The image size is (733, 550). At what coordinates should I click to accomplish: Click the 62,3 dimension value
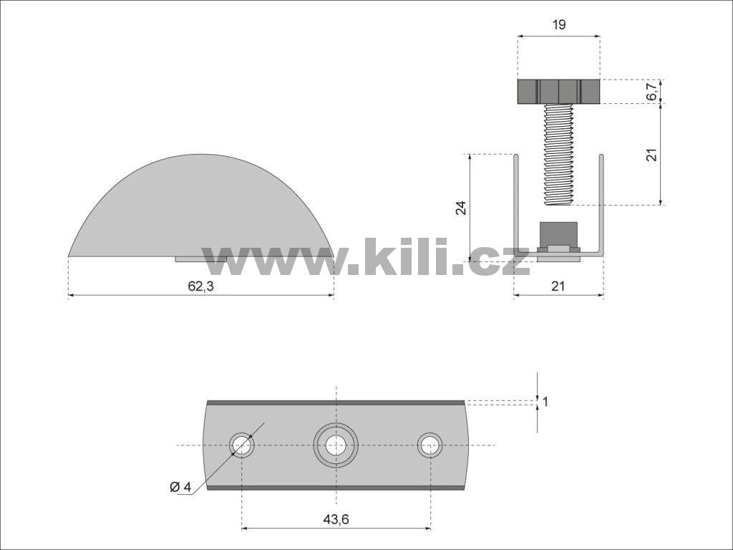(200, 286)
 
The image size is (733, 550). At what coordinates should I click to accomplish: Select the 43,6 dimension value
(336, 519)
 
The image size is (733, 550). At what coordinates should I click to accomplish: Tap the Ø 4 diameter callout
(180, 487)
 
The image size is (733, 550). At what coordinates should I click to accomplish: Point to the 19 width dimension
(558, 24)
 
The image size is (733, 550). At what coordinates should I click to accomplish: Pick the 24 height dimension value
(461, 207)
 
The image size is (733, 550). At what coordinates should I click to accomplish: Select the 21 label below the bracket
(558, 286)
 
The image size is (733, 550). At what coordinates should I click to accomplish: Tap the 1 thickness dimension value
(545, 401)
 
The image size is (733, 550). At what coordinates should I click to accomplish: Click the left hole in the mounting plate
(242, 444)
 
